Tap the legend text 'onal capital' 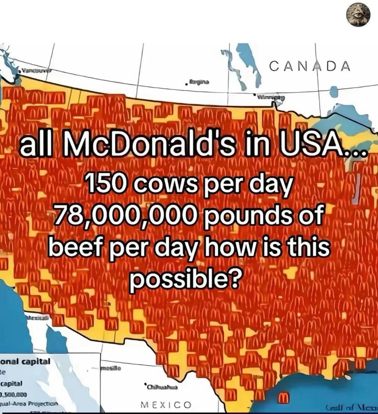(x=26, y=362)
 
